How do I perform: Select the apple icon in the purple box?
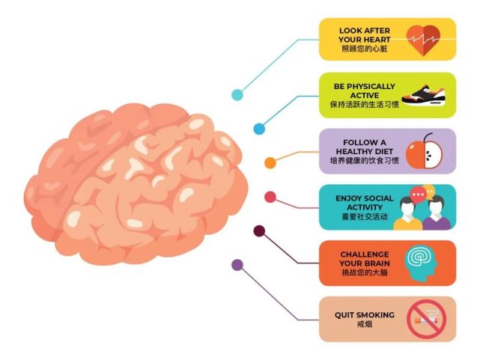pyautogui.click(x=424, y=151)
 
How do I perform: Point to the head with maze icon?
pyautogui.click(x=422, y=261)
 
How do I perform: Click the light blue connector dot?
pyautogui.click(x=237, y=95)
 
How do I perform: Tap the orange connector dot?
pyautogui.click(x=270, y=162)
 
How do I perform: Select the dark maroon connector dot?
pyautogui.click(x=259, y=231)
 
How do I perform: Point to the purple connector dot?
pyautogui.click(x=237, y=265)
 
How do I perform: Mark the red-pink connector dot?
pyautogui.click(x=270, y=197)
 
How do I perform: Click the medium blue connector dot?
pyautogui.click(x=259, y=129)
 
